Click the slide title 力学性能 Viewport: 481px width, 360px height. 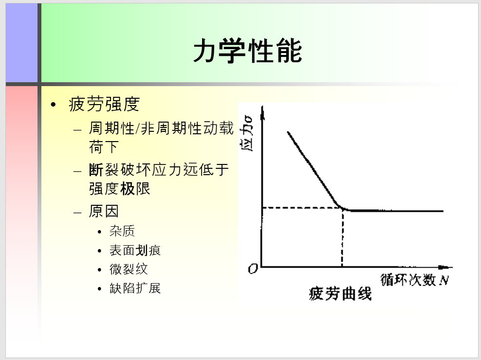247,51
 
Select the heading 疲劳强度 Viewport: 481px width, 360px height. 104,104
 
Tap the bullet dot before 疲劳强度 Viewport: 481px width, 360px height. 54,105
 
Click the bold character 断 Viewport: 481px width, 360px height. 96,170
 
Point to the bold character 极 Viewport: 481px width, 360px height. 127,189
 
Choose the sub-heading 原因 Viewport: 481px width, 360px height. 104,211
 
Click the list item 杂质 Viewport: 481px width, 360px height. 122,231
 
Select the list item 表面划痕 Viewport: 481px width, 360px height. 135,250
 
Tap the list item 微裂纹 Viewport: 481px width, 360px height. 129,269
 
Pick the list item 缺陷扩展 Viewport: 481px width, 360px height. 135,288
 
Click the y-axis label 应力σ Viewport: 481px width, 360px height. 247,133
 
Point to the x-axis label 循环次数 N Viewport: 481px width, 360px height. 415,280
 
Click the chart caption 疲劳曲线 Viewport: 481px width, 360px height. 340,293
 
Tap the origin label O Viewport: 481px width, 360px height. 253,269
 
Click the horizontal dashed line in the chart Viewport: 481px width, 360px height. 302,208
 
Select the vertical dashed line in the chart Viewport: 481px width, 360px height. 342,237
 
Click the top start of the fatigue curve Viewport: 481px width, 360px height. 288,132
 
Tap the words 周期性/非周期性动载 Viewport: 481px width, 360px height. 161,128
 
